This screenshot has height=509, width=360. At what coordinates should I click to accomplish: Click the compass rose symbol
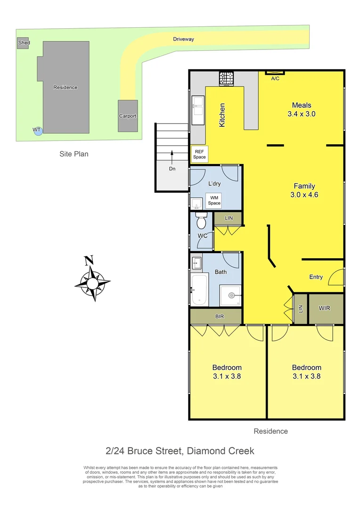92,283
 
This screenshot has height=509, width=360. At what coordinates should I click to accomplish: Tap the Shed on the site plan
23,43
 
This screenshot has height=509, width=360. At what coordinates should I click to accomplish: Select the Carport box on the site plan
127,115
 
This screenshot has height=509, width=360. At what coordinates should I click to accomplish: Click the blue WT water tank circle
38,131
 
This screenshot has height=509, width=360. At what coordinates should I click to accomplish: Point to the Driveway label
183,40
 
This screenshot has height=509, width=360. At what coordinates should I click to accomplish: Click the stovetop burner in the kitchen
226,78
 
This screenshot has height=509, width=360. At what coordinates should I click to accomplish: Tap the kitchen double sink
197,107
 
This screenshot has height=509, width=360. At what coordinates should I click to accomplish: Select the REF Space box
199,154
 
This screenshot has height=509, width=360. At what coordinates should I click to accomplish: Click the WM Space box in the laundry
214,200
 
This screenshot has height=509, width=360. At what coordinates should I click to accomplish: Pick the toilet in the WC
201,221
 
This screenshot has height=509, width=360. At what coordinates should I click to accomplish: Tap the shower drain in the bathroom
231,296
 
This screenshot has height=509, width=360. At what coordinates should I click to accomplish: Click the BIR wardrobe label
220,316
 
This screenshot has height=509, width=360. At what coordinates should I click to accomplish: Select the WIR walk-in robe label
324,308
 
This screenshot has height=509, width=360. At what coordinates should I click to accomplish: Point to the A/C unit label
275,78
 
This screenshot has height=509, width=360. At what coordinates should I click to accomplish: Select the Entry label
316,277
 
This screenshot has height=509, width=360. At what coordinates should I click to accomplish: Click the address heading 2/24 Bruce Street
179,451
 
